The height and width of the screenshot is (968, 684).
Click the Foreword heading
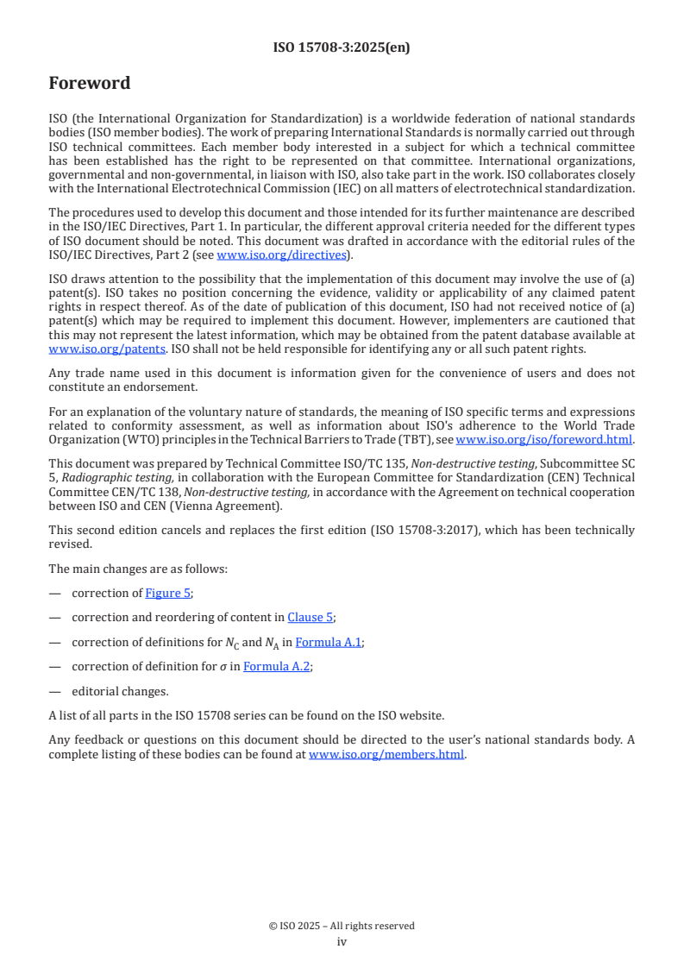[x=90, y=84]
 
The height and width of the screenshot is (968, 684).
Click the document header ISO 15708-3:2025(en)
[x=342, y=48]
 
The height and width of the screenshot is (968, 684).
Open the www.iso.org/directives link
[x=283, y=255]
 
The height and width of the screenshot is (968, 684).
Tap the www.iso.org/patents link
[x=90, y=349]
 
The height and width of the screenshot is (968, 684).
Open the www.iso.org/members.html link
[x=386, y=755]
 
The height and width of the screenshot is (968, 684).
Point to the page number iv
[x=342, y=942]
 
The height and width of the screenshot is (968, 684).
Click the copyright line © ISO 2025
[x=342, y=926]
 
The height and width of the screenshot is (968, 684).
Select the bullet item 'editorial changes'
[x=120, y=691]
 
